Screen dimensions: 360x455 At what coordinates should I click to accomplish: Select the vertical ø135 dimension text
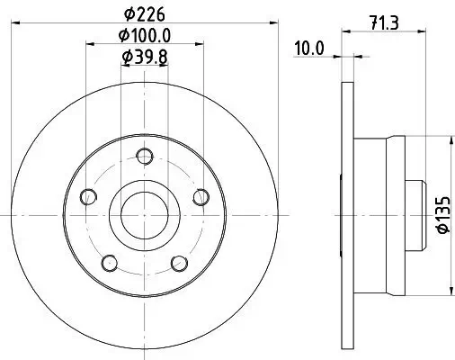[442, 215]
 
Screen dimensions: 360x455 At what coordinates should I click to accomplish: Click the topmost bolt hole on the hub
[144, 154]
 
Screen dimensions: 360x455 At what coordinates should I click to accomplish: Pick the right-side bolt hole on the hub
[201, 196]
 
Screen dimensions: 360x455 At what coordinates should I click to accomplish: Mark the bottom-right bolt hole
[179, 263]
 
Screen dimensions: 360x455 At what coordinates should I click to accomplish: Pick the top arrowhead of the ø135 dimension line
[450, 140]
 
